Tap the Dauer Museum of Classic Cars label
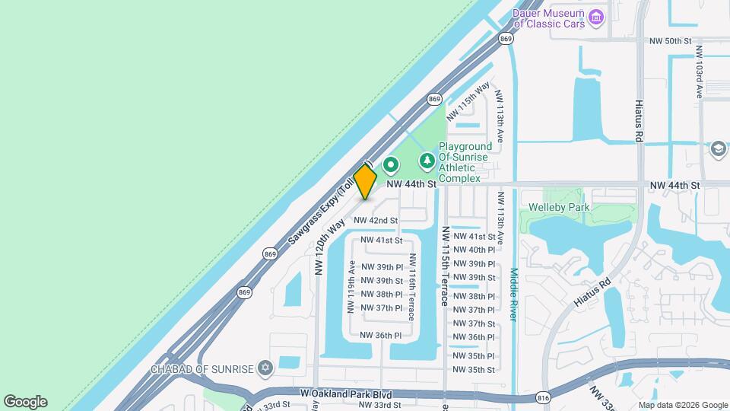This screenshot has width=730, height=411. [548, 18]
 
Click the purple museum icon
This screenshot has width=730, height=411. [596, 16]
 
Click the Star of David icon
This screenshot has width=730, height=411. [265, 368]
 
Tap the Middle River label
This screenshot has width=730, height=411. [514, 294]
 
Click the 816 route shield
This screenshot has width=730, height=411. [542, 397]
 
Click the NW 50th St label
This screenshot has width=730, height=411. [669, 40]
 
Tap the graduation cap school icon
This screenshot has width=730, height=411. [717, 149]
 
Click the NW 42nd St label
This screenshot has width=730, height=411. [377, 220]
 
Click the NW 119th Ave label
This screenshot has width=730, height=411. [351, 287]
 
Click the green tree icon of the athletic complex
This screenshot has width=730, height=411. [427, 161]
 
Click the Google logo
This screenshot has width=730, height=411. [25, 402]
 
